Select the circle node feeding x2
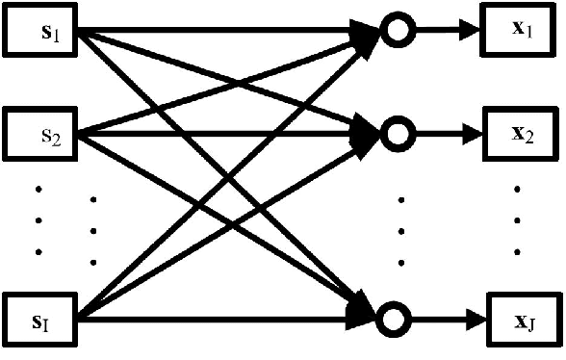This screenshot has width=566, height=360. click(394, 133)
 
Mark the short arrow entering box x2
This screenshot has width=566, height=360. click(444, 133)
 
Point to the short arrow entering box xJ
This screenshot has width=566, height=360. click(444, 316)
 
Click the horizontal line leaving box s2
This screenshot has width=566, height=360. click(221, 132)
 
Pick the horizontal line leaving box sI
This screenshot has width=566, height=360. click(221, 316)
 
